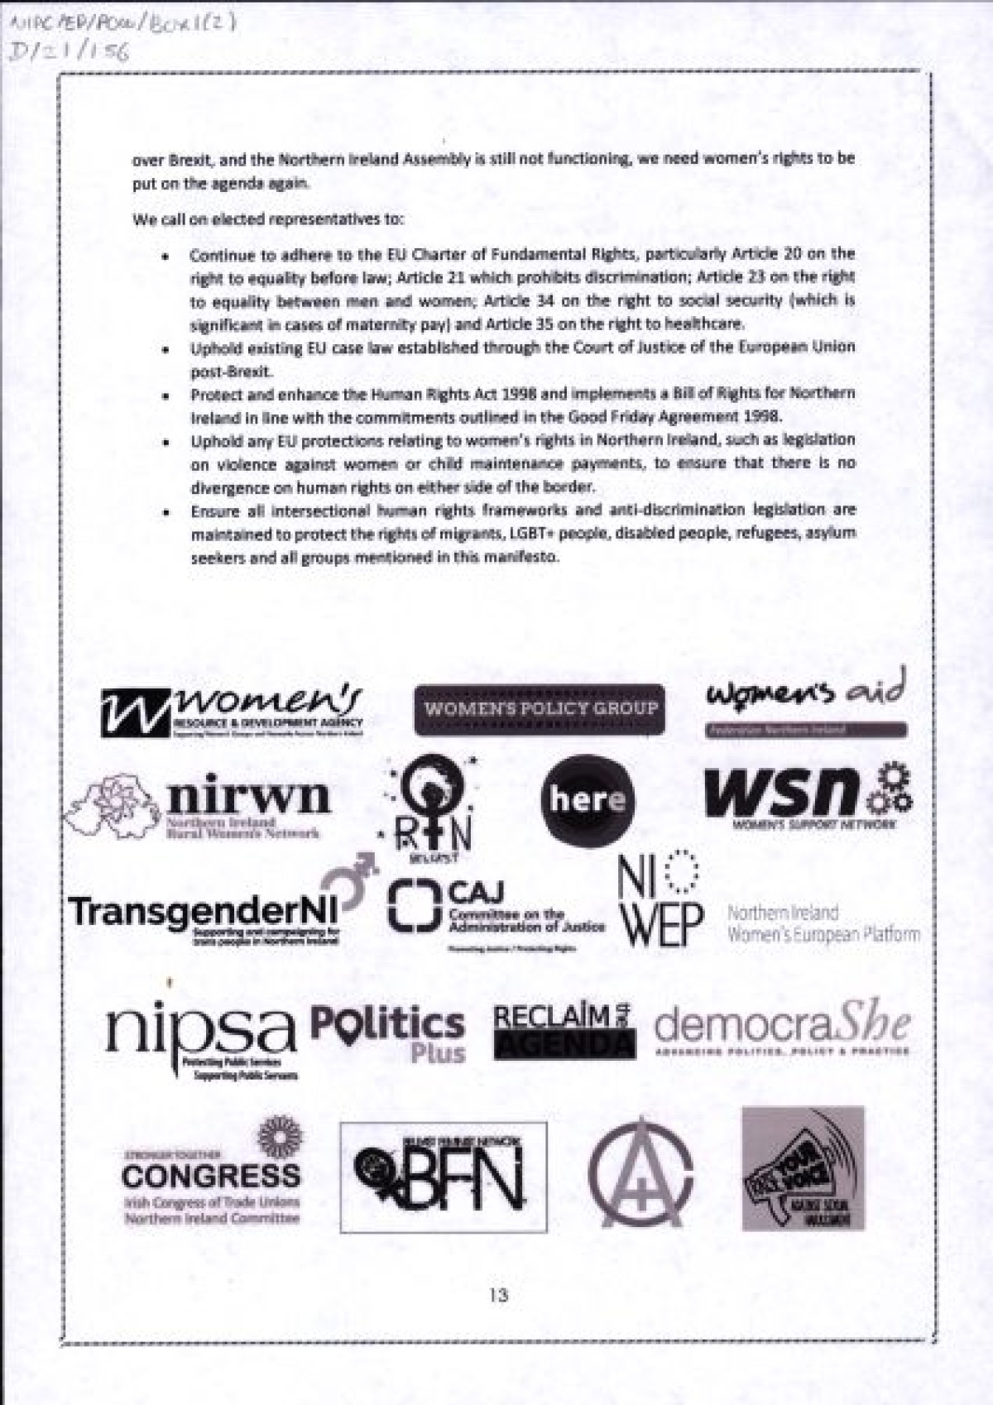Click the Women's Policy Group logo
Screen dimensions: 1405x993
click(540, 709)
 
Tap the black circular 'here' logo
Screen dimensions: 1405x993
click(588, 799)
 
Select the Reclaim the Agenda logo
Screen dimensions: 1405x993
click(564, 1031)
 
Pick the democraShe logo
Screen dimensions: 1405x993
click(782, 1029)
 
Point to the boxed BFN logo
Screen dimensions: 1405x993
click(444, 1177)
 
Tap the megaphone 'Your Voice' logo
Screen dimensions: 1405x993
click(802, 1168)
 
